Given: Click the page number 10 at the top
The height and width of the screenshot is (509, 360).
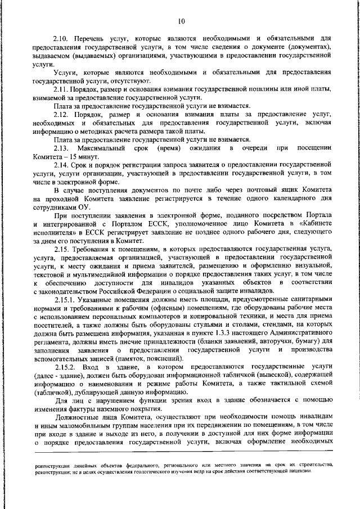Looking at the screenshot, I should click(180, 21).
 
